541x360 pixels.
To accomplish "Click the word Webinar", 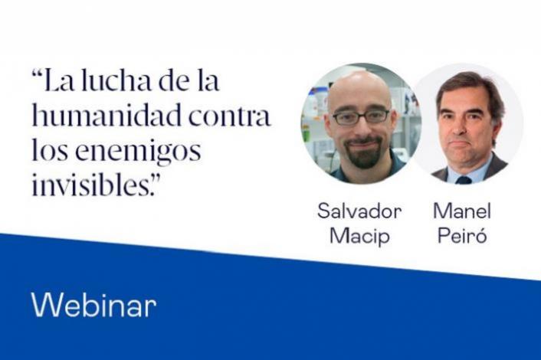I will tap(93, 306).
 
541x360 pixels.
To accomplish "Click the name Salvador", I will tap(359, 212).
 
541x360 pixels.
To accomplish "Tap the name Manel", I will tap(462, 212).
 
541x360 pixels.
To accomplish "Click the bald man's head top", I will tap(357, 83).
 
